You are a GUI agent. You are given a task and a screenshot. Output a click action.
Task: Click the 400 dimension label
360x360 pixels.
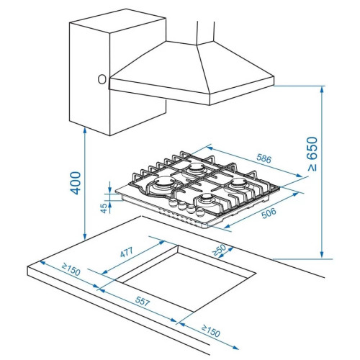pos(76,183)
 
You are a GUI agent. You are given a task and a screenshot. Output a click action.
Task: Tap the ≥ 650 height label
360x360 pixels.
pos(312,154)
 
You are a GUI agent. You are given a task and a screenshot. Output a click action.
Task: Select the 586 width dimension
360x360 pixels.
pos(264,158)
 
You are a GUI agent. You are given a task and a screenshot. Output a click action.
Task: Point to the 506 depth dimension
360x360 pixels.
pos(269,213)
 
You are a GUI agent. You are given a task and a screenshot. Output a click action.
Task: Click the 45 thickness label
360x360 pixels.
pos(104,208)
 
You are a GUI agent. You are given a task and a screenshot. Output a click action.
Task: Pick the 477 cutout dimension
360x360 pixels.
pos(127,253)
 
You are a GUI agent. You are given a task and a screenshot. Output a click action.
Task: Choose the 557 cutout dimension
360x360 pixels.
pos(143,301)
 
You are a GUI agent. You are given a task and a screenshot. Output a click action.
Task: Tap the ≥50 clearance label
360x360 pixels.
pos(219,250)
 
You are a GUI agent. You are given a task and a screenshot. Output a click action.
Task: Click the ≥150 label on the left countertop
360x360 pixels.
pos(71,269)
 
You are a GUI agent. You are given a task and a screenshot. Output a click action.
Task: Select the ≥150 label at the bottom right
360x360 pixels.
pos(211,331)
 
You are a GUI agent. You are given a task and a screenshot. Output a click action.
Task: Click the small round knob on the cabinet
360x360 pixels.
pos(102,79)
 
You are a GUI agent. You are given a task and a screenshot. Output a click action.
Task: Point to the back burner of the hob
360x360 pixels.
pos(197,168)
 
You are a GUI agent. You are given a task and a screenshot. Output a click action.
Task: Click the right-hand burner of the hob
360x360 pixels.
pos(238,184)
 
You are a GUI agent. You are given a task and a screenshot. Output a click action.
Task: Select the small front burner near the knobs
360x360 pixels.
pos(206,199)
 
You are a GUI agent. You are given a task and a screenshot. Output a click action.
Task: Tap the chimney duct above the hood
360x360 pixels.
pos(205,32)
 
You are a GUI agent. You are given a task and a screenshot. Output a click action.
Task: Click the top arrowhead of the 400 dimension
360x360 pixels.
pos(84,131)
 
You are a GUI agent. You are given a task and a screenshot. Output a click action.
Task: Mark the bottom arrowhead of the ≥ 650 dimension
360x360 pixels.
pos(322,254)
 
